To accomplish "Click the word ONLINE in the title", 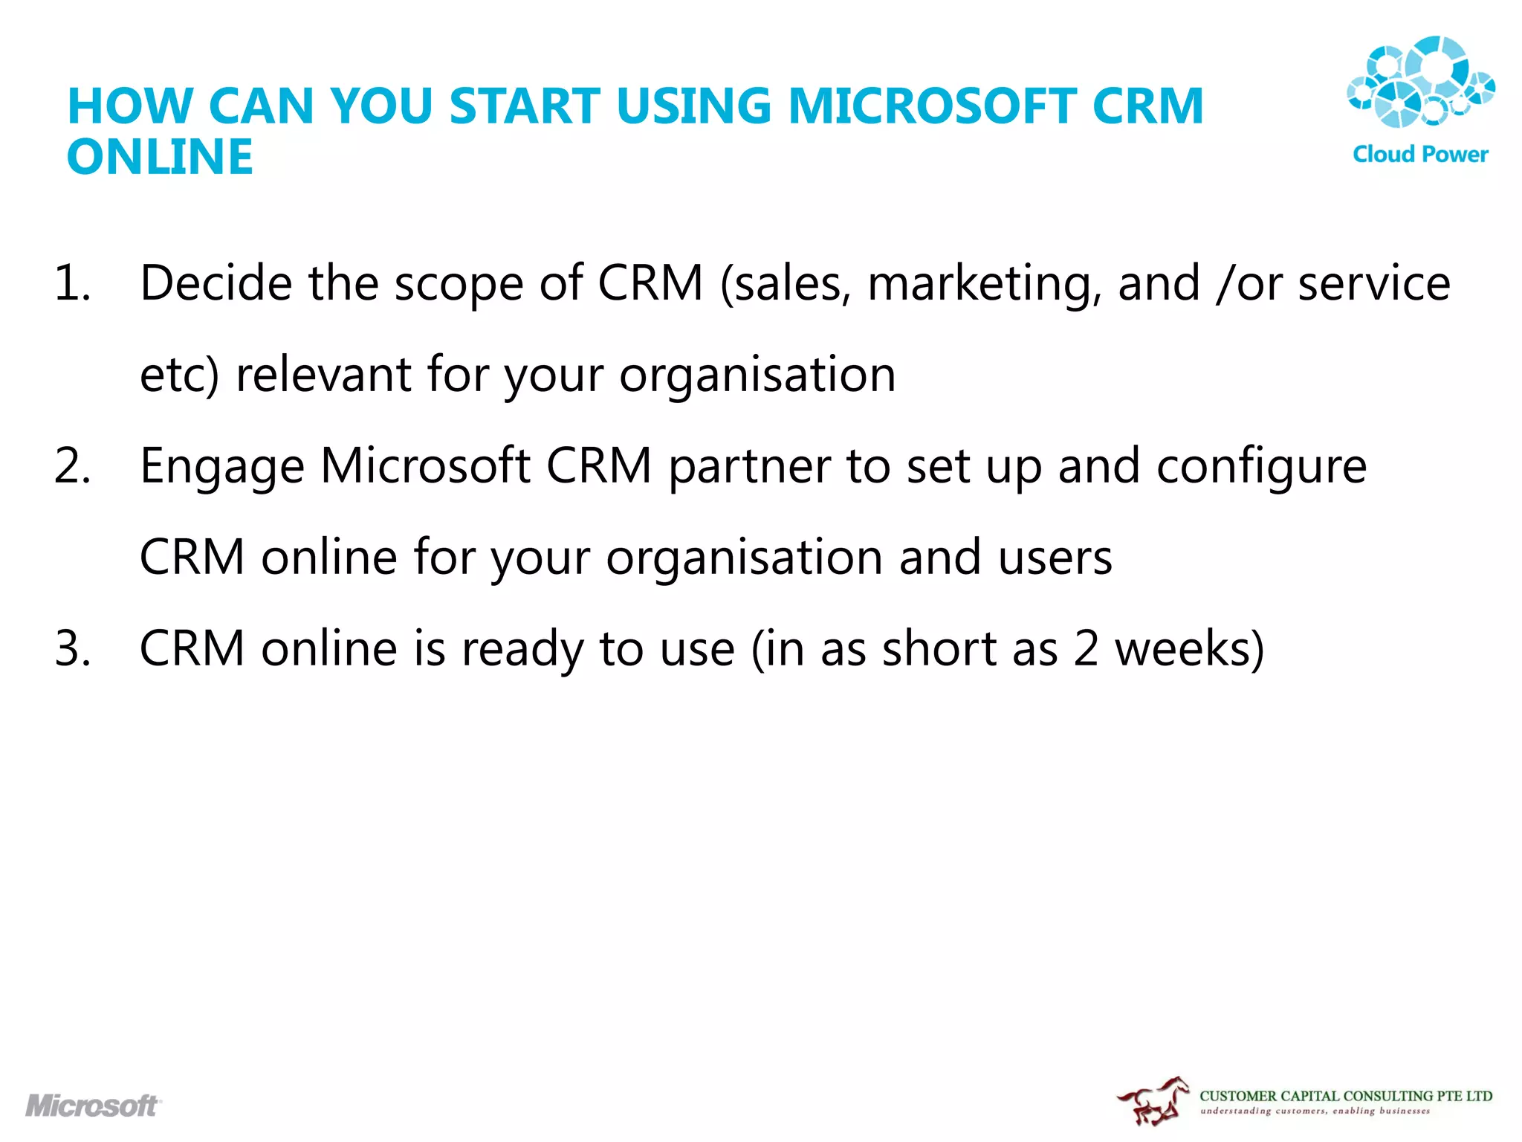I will point(160,157).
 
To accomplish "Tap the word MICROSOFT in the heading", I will point(932,106).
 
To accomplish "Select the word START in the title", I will point(525,106).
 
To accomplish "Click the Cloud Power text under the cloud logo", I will point(1420,155).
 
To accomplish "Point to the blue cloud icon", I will point(1420,82).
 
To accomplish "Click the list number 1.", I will point(72,283).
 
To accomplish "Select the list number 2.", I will point(72,466).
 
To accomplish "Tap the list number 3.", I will point(72,648).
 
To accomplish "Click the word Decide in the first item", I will point(216,283).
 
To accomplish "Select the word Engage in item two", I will point(222,468).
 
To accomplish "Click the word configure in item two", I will point(1261,468).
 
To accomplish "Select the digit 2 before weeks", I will point(1086,648).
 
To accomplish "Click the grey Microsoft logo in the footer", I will point(93,1106).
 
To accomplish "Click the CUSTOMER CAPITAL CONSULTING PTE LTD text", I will point(1345,1096).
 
